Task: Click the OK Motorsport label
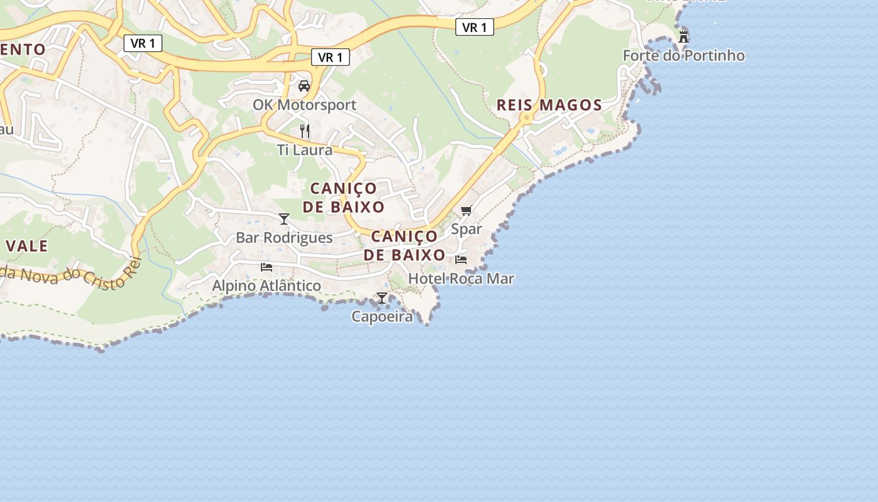point(304,105)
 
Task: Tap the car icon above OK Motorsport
point(304,86)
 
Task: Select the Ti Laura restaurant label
point(305,150)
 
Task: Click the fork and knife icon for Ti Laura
point(305,131)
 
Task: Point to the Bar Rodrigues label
point(284,238)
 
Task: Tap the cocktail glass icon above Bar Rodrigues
point(284,219)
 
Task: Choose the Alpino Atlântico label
point(267,286)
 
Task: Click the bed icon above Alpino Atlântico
point(267,267)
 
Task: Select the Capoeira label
point(382,316)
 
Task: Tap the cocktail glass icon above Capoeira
point(382,298)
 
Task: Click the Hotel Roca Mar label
point(461,279)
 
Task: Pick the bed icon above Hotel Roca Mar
point(461,260)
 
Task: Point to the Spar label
point(467,229)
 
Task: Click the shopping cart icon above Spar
point(466,211)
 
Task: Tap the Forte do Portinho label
point(684,56)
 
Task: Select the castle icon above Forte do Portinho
point(684,36)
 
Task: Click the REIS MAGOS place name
point(549,105)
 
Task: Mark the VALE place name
point(27,246)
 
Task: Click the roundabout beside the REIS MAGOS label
point(527,117)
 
